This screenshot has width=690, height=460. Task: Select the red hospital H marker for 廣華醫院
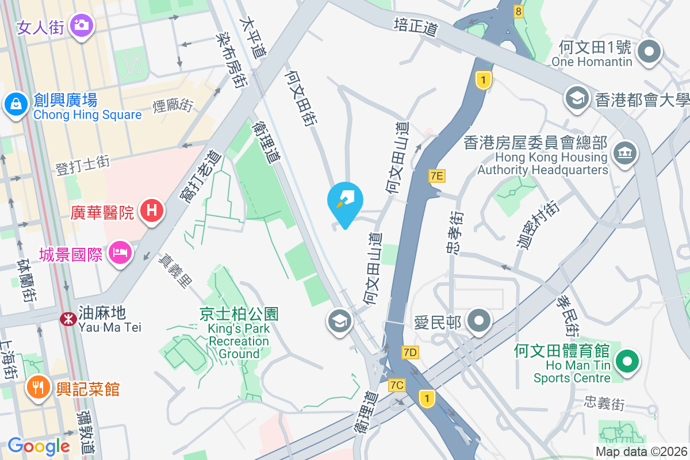[152, 210]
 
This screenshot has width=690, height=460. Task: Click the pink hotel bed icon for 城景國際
[120, 251]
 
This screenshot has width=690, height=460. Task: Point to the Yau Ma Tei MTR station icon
[68, 319]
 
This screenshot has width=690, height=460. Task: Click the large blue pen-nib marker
[345, 201]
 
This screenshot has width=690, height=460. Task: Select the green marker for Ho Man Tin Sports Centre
[627, 362]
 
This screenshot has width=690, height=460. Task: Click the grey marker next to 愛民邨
[478, 320]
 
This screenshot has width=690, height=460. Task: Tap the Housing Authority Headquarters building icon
[624, 152]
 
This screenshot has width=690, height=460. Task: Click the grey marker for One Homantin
[650, 51]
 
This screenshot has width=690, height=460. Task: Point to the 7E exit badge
[437, 176]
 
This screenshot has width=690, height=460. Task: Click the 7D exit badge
[410, 352]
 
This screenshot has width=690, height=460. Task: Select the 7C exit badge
[397, 385]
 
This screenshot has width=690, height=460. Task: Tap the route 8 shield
[519, 11]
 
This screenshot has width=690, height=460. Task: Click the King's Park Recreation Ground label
[239, 333]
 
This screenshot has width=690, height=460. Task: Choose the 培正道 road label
[416, 27]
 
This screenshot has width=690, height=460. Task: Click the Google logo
[39, 446]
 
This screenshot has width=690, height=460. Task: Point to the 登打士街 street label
[82, 164]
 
